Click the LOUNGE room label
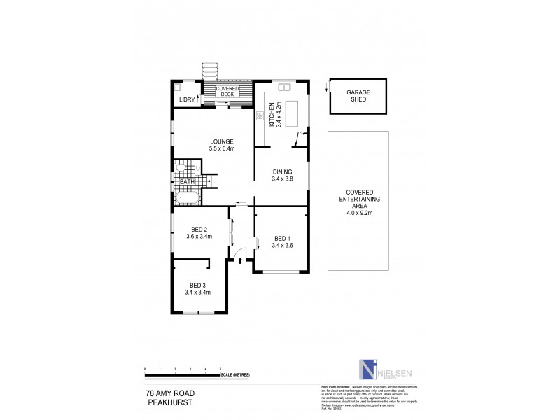coord(211,141)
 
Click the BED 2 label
coord(199,229)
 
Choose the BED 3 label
coord(197,286)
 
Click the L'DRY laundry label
coord(186,100)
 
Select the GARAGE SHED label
coord(358,96)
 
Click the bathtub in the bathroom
coord(188,199)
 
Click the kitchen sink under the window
coord(283,87)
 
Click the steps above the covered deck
coord(211,71)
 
